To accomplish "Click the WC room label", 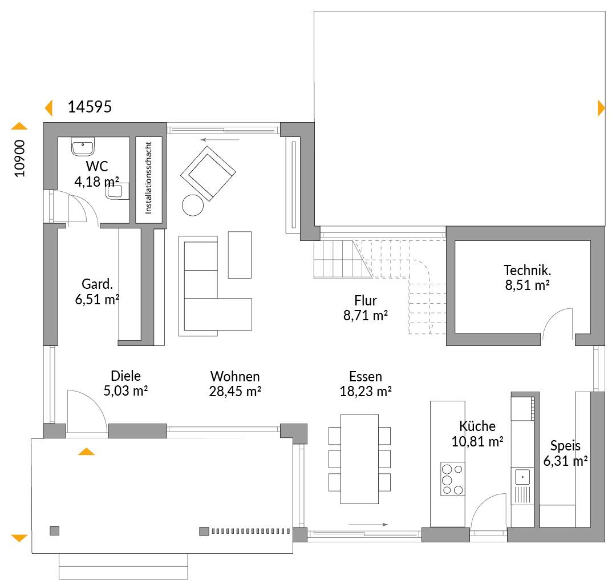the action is click(96, 166).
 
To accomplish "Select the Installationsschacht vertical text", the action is click(148, 178).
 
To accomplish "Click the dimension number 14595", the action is click(90, 107).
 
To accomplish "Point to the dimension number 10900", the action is click(19, 159).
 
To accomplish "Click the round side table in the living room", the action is click(193, 205).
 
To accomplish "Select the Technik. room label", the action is click(527, 270).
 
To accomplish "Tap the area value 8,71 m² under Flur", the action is click(366, 315).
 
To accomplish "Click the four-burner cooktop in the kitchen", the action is click(452, 478).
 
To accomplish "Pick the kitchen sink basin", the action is click(522, 477).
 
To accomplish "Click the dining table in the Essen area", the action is click(359, 459).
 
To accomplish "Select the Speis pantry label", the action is click(565, 446).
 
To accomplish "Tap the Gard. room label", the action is click(97, 284).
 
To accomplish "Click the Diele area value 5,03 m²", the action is click(125, 390).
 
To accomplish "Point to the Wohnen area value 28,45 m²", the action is click(235, 392).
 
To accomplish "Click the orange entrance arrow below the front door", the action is click(87, 452).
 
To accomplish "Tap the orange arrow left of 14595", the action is click(48, 108).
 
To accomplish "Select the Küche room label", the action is click(477, 426).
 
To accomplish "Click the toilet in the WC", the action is click(117, 191).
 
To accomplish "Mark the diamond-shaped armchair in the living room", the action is click(208, 174).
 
